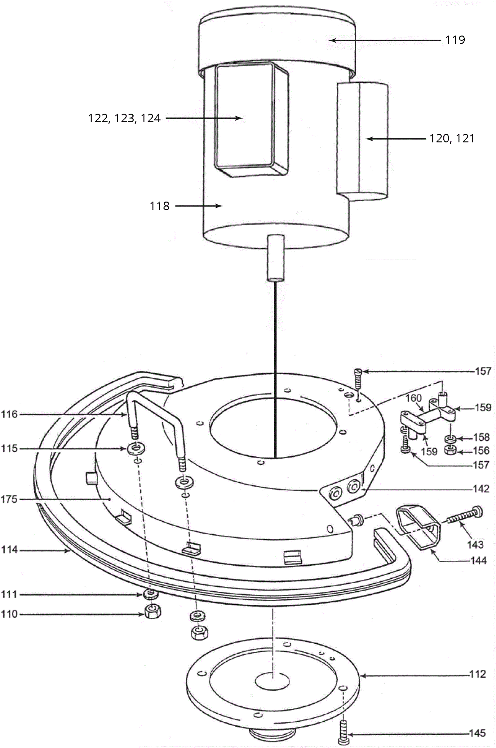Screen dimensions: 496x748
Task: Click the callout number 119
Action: pos(455,40)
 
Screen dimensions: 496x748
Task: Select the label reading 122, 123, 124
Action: pos(124,119)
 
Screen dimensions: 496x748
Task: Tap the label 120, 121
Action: pos(452,139)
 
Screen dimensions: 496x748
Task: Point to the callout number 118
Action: pos(160,206)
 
